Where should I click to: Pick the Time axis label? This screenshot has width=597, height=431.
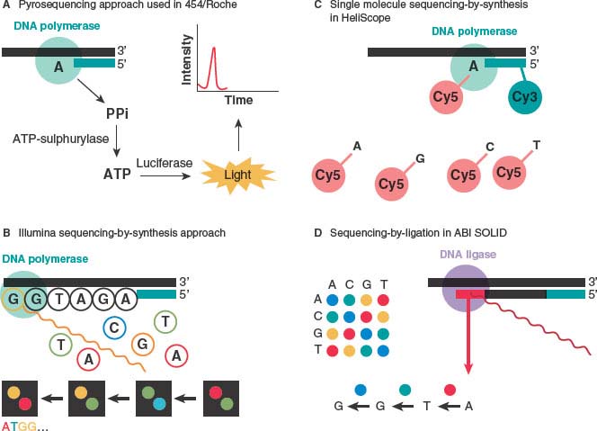(238, 100)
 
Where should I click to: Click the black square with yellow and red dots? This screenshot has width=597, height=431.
(21, 395)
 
